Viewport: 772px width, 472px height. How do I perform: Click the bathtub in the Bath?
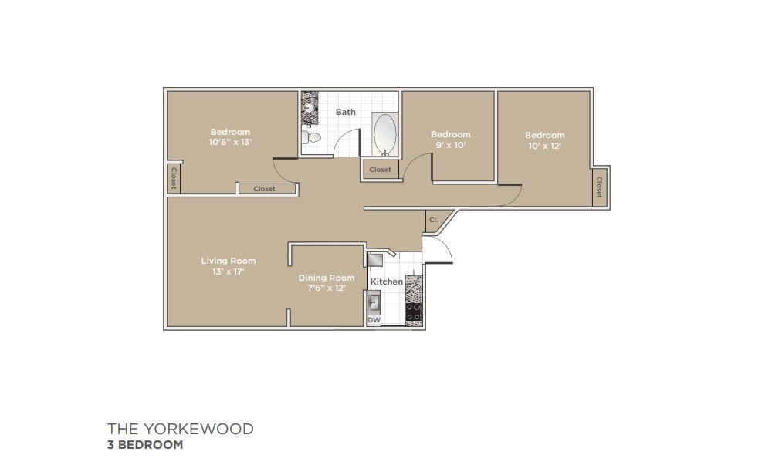pos(385,135)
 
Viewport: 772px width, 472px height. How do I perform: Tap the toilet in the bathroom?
pos(312,138)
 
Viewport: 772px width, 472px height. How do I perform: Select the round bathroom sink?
pos(309,105)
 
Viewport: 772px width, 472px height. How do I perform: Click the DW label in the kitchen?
pos(374,319)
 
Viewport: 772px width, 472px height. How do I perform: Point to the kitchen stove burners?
pos(414,313)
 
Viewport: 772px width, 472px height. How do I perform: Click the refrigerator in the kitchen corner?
pos(376,259)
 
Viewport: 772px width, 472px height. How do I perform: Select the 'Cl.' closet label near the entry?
pos(433,220)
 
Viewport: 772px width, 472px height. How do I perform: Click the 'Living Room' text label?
pos(228,261)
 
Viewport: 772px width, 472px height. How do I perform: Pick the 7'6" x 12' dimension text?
pos(327,288)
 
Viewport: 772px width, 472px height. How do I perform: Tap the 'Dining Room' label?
pos(327,278)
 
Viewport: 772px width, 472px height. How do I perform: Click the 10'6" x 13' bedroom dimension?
pos(230,143)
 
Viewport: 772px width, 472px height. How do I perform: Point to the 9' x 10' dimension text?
pos(450,145)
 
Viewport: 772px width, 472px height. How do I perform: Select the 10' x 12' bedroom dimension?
pos(544,146)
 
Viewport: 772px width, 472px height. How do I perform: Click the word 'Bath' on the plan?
pos(346,112)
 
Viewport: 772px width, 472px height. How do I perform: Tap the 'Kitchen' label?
pos(387,282)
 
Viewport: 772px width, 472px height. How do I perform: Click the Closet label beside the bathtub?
pos(380,170)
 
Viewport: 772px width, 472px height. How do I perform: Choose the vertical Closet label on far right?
pos(598,187)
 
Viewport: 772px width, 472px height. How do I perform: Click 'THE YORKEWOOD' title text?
pos(180,429)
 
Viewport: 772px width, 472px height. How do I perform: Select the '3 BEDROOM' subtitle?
pos(145,445)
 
